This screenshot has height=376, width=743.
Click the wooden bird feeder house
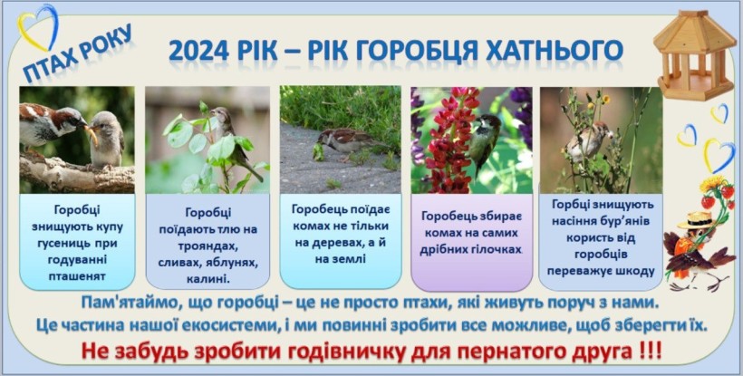[694, 55]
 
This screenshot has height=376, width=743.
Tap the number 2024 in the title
[199, 52]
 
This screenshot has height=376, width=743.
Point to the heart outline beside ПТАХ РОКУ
[38, 27]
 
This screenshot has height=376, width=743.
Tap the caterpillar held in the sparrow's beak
[92, 135]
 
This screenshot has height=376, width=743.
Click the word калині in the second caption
[207, 279]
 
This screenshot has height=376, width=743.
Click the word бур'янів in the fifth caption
[623, 221]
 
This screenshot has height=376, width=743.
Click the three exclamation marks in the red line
[649, 352]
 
